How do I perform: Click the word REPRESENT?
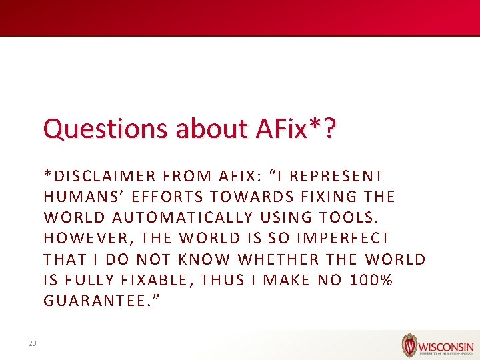(x=337, y=176)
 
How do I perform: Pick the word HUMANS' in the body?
(x=82, y=197)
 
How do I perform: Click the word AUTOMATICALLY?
(x=183, y=217)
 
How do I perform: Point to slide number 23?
(x=32, y=343)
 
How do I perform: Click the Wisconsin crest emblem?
(x=409, y=345)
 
